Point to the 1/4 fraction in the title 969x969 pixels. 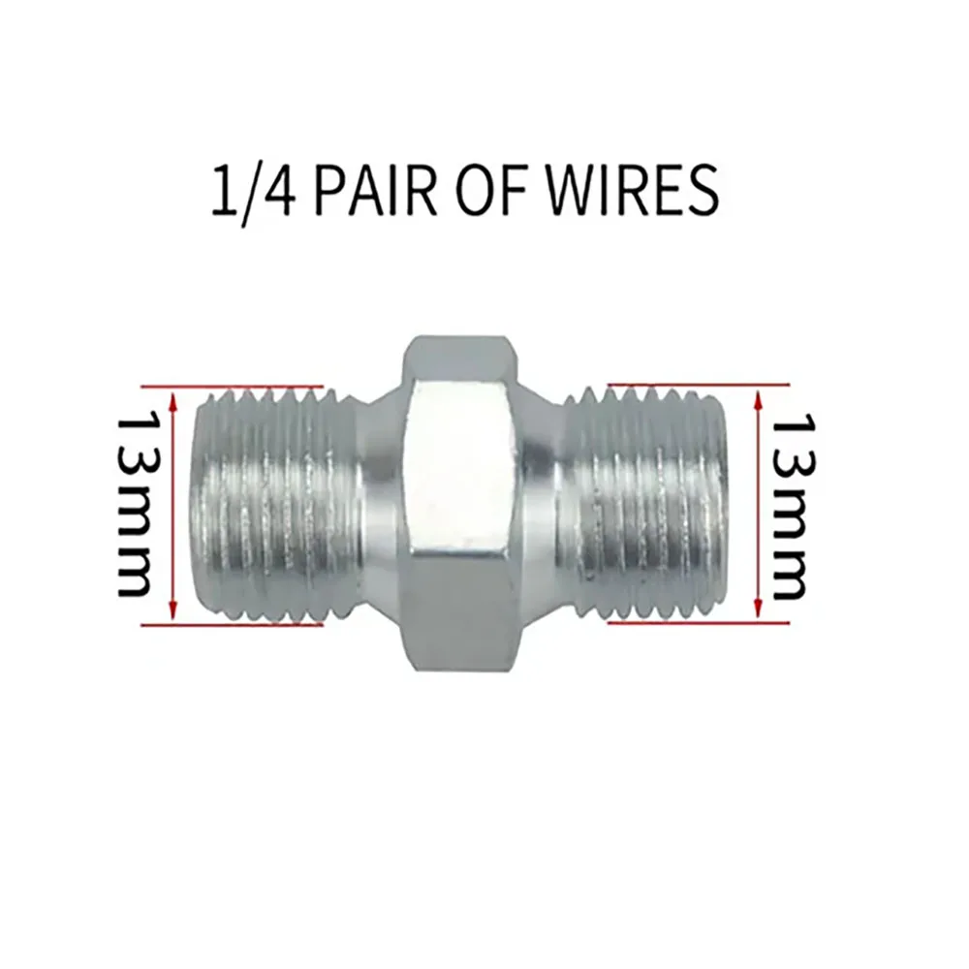click(253, 190)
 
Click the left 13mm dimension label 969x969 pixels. click(135, 504)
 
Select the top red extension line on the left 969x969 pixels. click(233, 387)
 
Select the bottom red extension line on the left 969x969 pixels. click(233, 625)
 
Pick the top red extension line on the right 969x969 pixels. click(699, 385)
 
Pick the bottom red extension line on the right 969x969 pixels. click(699, 623)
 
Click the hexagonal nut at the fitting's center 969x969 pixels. click(458, 503)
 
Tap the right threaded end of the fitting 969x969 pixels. click(645, 504)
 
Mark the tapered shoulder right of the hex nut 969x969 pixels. click(540, 504)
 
